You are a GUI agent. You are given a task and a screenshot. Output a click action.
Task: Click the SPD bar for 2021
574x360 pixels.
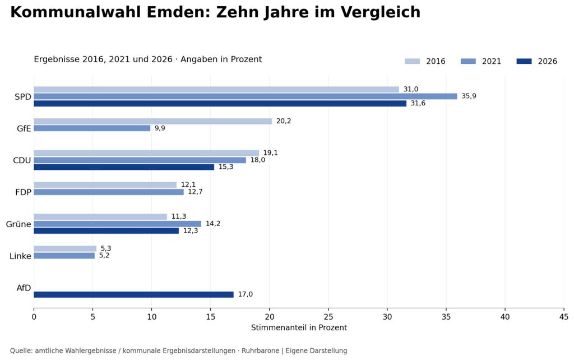click(x=246, y=96)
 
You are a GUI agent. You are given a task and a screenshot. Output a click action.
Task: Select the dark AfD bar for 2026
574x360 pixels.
click(x=133, y=294)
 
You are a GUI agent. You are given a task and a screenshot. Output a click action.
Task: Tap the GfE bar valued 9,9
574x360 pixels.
click(x=92, y=128)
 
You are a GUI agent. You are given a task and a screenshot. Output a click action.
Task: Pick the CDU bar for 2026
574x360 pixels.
click(x=124, y=167)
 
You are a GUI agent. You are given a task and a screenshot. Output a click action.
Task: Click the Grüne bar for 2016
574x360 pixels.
click(x=100, y=217)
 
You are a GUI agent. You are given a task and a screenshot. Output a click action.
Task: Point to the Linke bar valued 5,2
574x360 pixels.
click(x=64, y=256)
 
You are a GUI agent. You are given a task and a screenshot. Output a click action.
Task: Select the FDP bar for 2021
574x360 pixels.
click(x=109, y=192)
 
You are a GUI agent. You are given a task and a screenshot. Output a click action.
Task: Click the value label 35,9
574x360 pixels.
click(x=469, y=96)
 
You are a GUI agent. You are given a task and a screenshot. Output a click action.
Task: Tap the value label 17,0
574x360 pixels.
click(x=246, y=294)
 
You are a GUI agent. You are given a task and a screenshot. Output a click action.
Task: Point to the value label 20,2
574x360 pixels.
click(x=284, y=121)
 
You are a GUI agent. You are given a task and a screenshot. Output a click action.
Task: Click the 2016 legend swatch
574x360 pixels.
click(x=412, y=61)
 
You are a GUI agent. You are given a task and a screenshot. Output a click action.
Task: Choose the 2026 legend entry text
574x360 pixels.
click(x=547, y=61)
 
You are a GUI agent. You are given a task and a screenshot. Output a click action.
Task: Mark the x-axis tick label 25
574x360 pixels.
click(x=328, y=317)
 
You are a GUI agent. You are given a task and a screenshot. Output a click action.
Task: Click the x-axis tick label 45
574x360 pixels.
click(x=564, y=317)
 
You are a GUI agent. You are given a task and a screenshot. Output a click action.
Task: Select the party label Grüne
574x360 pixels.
click(x=18, y=224)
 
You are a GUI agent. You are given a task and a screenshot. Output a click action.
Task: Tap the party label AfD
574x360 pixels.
click(x=24, y=288)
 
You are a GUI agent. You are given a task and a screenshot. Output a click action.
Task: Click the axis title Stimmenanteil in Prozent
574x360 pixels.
click(x=299, y=327)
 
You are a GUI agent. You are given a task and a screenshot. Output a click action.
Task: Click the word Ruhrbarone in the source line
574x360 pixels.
click(x=260, y=351)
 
